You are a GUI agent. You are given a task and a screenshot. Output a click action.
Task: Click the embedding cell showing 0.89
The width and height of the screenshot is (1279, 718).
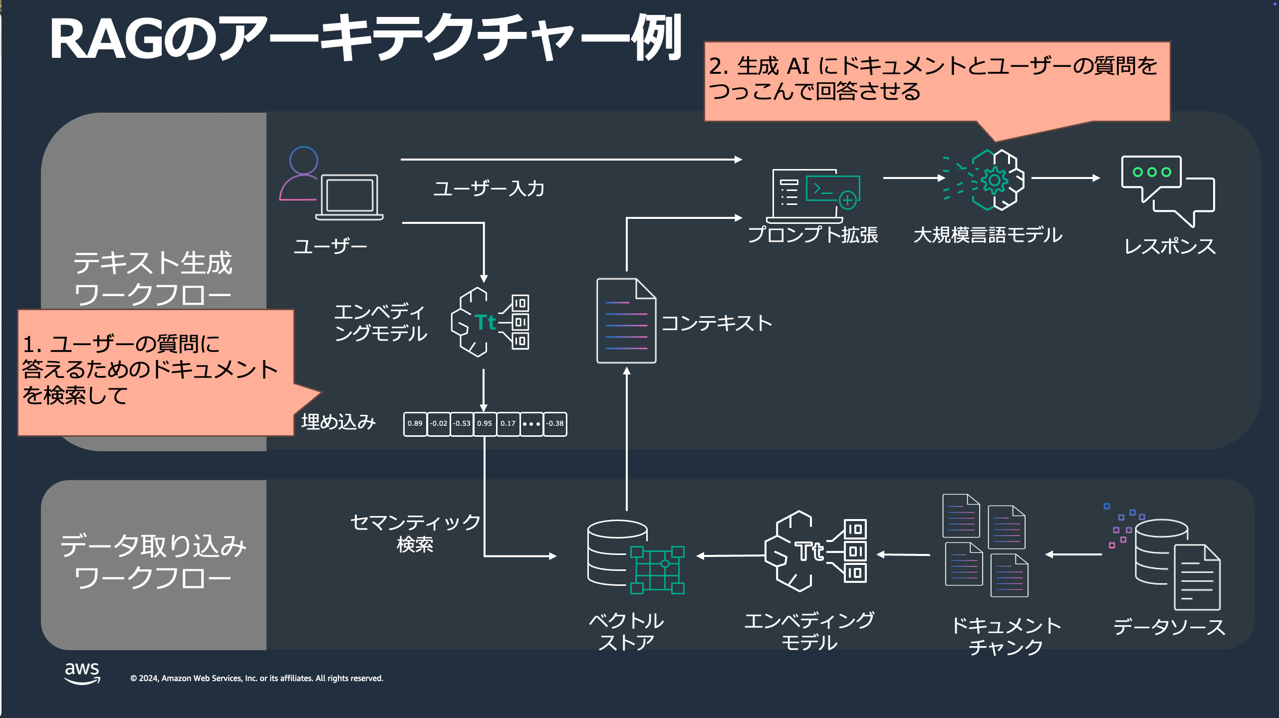[415, 424]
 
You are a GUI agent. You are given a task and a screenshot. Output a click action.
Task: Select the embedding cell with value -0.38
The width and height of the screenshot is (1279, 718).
[555, 424]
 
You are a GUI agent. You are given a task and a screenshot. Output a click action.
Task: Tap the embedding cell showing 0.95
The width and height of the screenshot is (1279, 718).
[485, 424]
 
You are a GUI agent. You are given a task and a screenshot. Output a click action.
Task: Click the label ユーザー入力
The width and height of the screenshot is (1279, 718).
[489, 188]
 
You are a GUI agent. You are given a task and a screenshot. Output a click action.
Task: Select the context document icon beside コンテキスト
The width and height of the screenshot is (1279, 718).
[626, 321]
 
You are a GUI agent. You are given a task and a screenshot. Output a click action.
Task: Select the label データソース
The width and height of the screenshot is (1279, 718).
[1169, 627]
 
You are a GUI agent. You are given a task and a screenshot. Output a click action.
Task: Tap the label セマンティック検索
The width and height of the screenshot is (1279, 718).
[415, 533]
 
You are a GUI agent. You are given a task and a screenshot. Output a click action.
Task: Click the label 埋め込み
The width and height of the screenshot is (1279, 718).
[338, 422]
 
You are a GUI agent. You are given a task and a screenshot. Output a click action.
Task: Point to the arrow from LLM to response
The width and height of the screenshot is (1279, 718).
[1065, 178]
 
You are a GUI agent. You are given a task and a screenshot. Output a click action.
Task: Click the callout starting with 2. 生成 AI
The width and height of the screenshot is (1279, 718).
[936, 80]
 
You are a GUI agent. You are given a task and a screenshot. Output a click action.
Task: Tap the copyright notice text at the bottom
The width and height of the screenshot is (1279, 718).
[256, 678]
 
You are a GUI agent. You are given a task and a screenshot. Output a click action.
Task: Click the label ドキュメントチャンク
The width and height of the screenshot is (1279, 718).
[1006, 636]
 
